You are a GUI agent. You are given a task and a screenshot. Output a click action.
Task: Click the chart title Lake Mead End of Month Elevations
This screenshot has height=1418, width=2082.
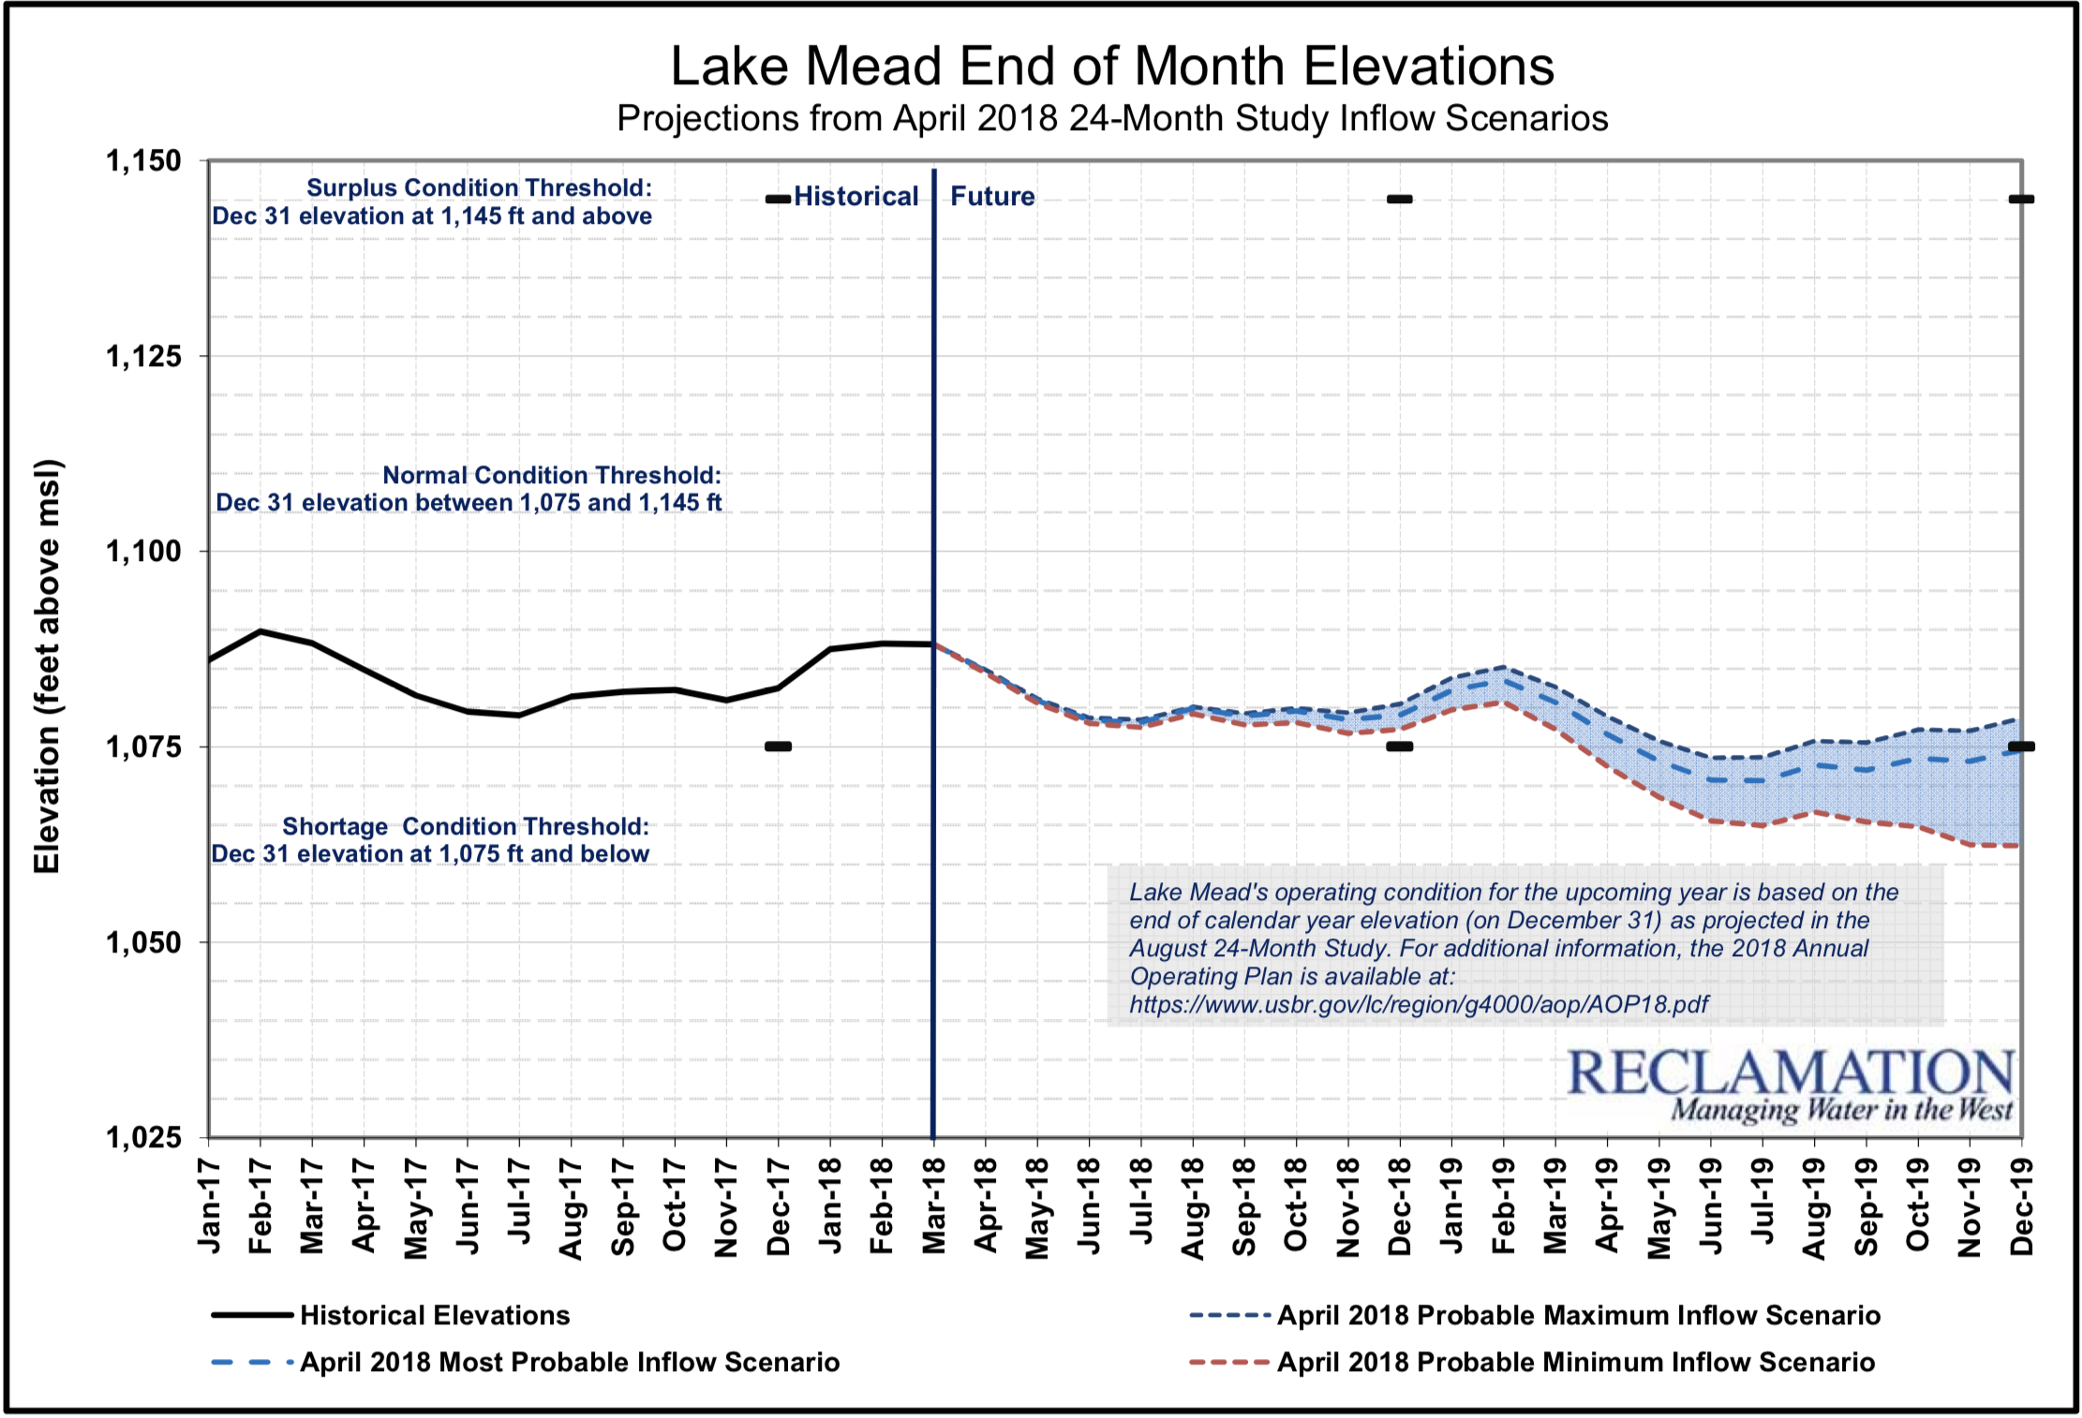[1112, 66]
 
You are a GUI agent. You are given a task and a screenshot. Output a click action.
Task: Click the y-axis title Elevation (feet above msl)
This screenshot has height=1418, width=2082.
[47, 666]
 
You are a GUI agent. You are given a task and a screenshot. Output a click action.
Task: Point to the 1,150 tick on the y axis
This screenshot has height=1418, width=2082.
[143, 161]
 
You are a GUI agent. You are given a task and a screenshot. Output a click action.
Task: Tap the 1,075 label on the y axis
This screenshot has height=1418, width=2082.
[143, 747]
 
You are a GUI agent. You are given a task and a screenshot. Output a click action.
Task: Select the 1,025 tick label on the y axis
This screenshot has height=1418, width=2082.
[143, 1138]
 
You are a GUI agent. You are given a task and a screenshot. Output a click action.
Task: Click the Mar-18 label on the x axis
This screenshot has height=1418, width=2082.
[934, 1205]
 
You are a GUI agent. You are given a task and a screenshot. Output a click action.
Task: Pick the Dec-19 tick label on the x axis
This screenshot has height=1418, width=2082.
[2022, 1205]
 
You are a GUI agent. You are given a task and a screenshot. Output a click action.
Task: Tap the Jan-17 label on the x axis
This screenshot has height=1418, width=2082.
[209, 1205]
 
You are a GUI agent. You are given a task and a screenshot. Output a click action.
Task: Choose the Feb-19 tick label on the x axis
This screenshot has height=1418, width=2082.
[1503, 1205]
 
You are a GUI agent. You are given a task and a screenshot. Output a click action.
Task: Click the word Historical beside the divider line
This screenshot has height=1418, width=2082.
[855, 197]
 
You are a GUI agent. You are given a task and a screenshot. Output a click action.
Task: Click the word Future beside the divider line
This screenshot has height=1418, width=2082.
[992, 197]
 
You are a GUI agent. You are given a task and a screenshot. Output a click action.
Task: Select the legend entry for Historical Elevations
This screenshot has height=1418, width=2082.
[434, 1315]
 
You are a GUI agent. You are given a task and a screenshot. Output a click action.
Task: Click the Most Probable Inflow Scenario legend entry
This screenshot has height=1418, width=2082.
[569, 1362]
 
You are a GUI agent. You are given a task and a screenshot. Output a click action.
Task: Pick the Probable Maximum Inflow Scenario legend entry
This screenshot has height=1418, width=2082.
[1578, 1315]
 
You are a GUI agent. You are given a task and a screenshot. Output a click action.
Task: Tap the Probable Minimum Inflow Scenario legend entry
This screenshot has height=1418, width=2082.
[1575, 1362]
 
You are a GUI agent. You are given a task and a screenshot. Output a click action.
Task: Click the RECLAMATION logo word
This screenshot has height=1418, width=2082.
[1790, 1073]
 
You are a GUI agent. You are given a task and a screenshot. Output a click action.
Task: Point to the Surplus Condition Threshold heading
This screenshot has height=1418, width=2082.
[479, 187]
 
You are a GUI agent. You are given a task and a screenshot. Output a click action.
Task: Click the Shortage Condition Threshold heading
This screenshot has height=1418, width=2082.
[466, 826]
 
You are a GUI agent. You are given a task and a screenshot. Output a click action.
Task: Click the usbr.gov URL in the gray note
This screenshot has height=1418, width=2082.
[1419, 1005]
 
